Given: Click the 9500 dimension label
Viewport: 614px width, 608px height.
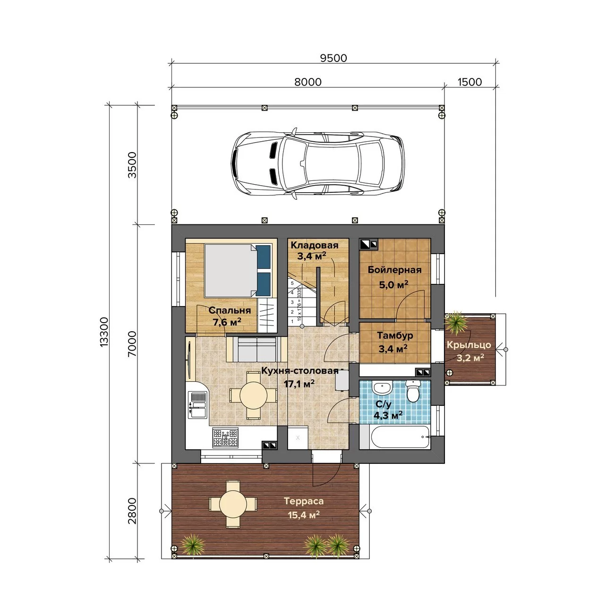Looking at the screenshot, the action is point(333,58).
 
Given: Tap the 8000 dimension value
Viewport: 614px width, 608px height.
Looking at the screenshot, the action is point(308,82).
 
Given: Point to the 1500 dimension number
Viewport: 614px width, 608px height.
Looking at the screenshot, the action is point(469,82).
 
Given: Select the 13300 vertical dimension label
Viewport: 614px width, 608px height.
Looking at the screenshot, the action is point(104,332).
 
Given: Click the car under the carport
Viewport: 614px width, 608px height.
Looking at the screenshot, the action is point(318,163).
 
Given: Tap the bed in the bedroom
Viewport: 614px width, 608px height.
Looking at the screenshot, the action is point(238,270).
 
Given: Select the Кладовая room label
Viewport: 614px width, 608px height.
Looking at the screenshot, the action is point(314,245).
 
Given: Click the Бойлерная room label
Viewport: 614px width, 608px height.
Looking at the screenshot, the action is point(394,270).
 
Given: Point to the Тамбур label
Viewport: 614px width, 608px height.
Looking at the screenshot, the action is point(395,335).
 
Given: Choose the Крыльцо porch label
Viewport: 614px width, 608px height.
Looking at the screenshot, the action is point(469,345).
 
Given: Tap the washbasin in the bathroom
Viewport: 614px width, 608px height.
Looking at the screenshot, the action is point(382,388).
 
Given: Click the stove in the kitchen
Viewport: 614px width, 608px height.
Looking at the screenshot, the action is point(225,437).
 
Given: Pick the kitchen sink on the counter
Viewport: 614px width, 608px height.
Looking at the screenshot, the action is point(198,405).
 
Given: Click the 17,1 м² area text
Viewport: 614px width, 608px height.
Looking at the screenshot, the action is point(299,384).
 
